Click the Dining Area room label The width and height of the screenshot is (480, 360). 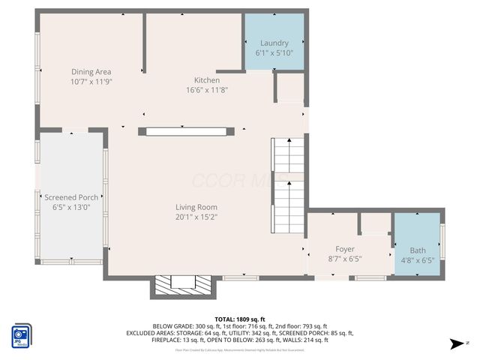(91, 71)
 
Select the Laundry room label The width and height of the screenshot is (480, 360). (274, 43)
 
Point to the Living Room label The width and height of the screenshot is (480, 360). (196, 207)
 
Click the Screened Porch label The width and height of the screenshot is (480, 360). (71, 197)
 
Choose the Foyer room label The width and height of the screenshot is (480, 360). (345, 249)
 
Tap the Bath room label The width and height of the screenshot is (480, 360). (417, 250)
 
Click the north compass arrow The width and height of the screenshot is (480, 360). (454, 343)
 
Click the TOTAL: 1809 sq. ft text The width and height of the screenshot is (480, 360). (240, 319)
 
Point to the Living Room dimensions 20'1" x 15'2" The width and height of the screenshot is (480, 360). (196, 217)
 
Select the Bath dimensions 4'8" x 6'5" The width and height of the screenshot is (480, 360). (417, 260)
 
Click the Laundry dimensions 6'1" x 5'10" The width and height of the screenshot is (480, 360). (274, 53)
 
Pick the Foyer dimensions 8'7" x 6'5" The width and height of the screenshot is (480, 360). (345, 259)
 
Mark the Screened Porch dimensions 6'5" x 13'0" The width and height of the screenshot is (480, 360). (71, 208)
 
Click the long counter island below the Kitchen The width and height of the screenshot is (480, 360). (186, 131)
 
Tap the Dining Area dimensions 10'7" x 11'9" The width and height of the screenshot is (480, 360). (91, 82)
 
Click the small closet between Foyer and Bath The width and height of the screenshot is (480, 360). (375, 223)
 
